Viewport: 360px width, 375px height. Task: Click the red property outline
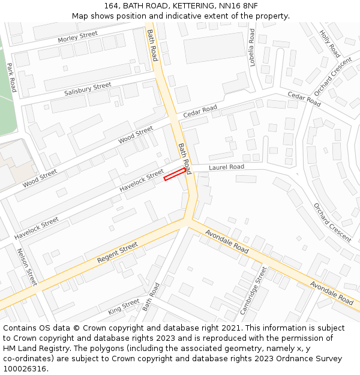click(x=175, y=174)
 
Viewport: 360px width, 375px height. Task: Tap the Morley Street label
click(x=77, y=37)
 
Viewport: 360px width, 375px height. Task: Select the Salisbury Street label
click(x=88, y=89)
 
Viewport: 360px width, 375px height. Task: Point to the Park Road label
click(x=11, y=77)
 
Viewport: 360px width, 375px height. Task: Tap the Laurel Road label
click(x=226, y=167)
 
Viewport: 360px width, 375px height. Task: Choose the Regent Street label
click(x=117, y=253)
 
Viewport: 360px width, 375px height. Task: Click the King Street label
click(x=124, y=307)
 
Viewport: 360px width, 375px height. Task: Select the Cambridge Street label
click(x=253, y=291)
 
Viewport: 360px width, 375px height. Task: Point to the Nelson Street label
click(x=28, y=267)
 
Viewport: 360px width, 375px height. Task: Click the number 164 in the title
click(x=111, y=6)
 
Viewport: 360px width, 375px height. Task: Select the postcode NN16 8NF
click(x=242, y=6)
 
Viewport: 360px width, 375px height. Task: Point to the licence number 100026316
click(x=25, y=369)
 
